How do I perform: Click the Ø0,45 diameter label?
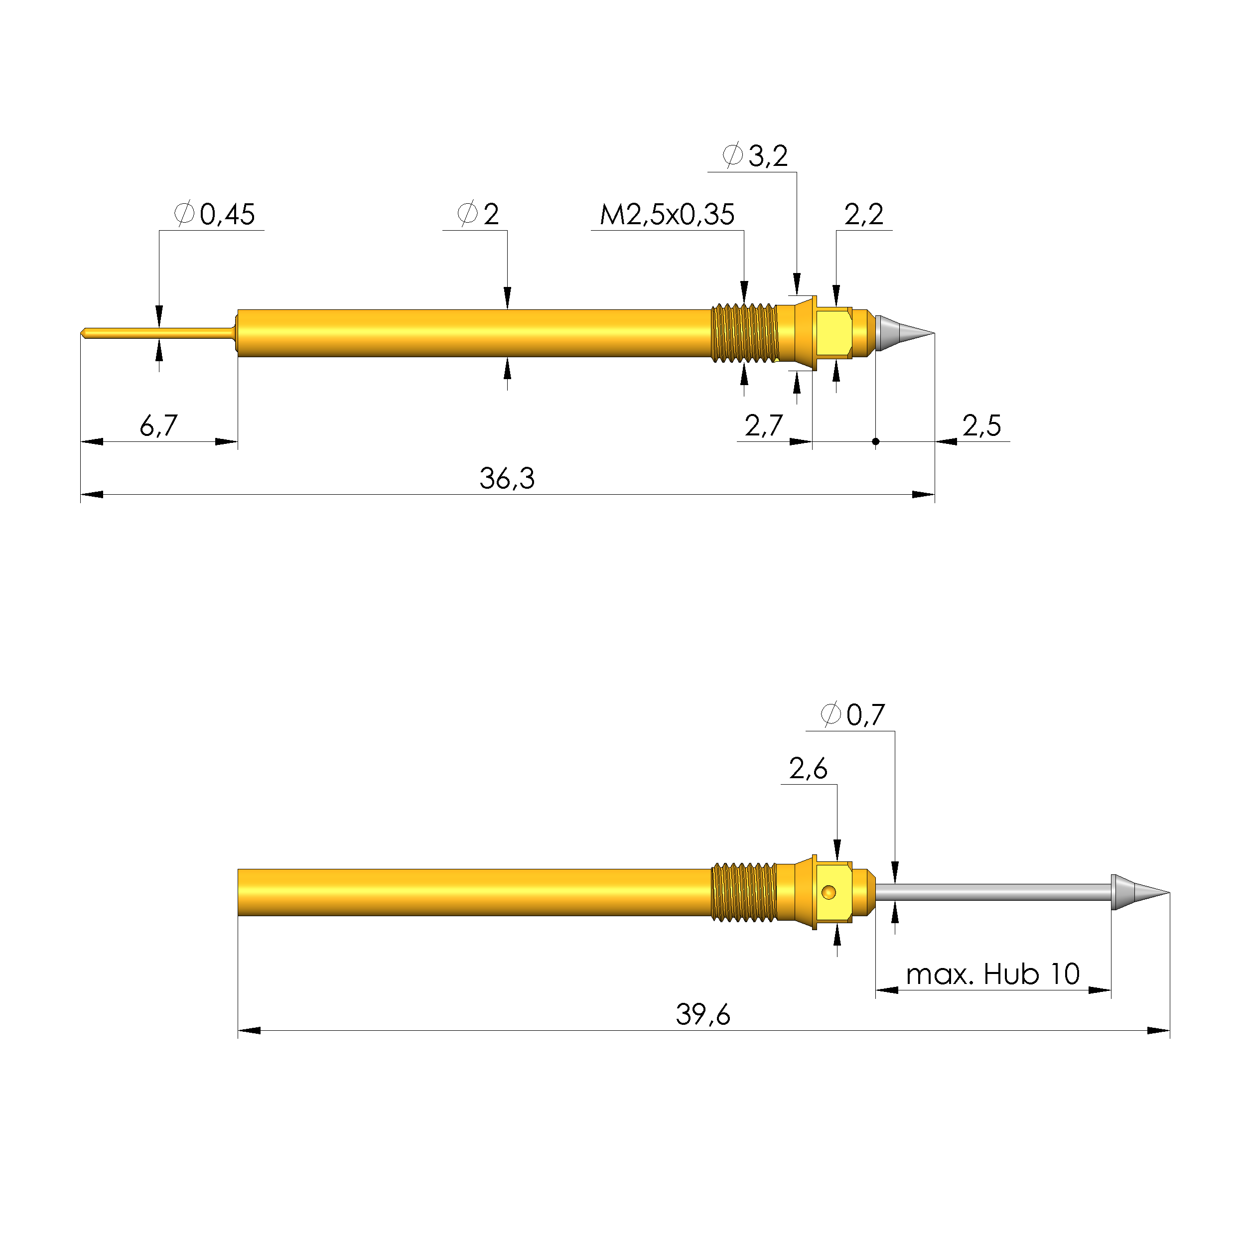pos(215,214)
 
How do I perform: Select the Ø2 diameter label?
pos(478,214)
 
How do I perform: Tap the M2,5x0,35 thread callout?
pos(667,214)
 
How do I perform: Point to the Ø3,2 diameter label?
pos(754,155)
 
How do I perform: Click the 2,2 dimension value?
pos(863,214)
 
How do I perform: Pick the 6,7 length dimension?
pos(158,425)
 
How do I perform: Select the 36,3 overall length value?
pos(507,478)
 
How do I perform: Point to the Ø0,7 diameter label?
pos(852,714)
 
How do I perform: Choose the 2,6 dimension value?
pos(808,768)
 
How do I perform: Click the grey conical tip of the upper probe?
pos(900,333)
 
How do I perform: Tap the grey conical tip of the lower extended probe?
pos(1136,893)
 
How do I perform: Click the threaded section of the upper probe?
pos(744,333)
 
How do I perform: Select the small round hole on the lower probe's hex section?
pos(829,893)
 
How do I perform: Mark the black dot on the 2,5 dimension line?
pos(875,441)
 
